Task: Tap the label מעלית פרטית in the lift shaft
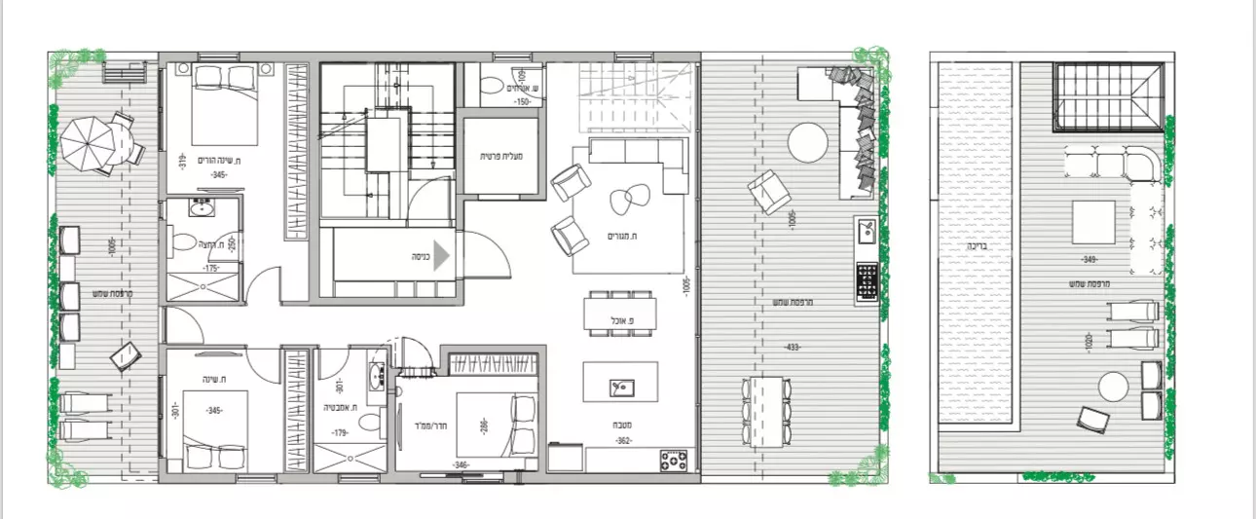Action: click(x=502, y=155)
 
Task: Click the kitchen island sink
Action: click(x=620, y=388)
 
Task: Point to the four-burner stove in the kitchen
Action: click(x=674, y=460)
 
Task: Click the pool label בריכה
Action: click(x=977, y=246)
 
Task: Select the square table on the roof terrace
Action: click(x=1093, y=221)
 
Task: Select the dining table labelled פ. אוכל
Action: click(x=618, y=315)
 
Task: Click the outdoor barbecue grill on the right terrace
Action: click(x=865, y=281)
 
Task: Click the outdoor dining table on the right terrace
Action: click(x=767, y=410)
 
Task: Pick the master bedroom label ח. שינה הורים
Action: click(x=219, y=160)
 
